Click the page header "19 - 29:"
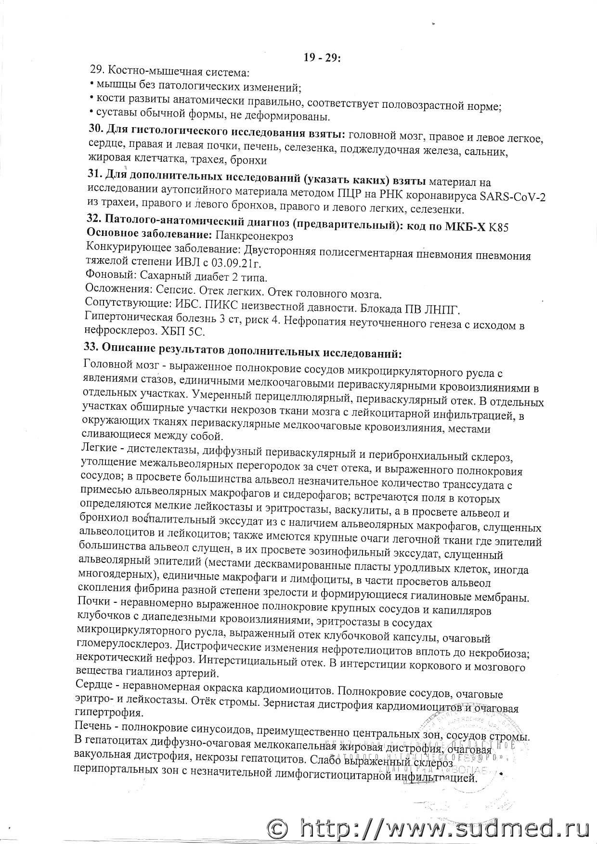[322, 57]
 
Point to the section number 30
[95, 130]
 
